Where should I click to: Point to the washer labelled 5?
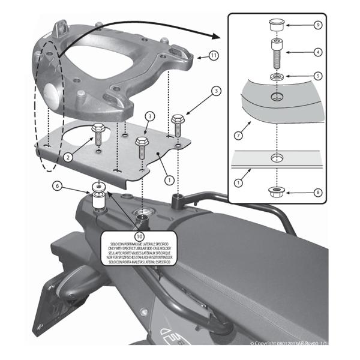point(278,77)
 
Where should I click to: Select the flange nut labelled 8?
point(278,192)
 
